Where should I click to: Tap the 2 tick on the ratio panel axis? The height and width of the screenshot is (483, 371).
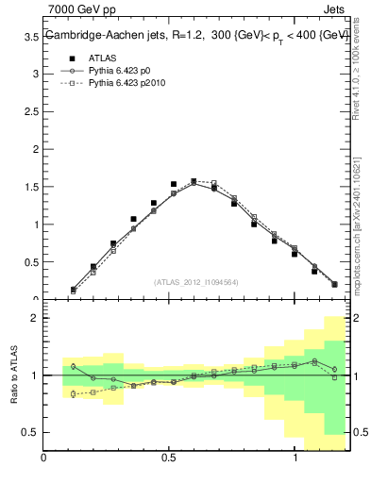click(x=35, y=318)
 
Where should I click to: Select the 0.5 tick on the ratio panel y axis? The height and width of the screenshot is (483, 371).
click(x=31, y=432)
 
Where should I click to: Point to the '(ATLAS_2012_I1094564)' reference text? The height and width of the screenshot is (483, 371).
click(x=196, y=281)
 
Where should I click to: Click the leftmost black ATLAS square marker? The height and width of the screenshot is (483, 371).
click(x=73, y=290)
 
